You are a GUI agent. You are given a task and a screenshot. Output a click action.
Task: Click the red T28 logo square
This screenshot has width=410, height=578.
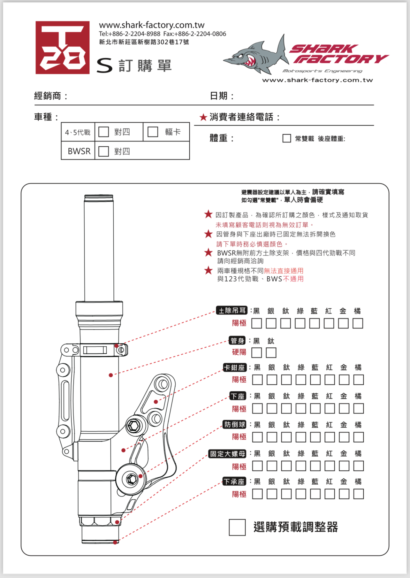click(x=62, y=47)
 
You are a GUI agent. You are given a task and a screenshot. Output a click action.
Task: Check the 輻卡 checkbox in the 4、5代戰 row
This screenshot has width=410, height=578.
click(x=153, y=132)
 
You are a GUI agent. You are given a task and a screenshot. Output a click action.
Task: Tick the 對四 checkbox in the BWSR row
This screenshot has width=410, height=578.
click(x=103, y=151)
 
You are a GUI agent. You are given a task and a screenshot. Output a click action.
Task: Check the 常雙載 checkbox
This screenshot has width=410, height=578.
click(x=286, y=138)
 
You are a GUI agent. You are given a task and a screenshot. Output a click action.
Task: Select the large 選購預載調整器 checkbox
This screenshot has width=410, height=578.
click(x=237, y=527)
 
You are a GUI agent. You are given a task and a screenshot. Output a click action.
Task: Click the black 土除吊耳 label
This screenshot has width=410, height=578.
click(x=232, y=310)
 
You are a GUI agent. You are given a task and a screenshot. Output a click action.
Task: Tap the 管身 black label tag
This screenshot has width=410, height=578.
click(x=237, y=341)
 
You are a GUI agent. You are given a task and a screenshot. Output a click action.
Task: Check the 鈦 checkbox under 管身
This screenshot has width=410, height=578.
click(x=271, y=353)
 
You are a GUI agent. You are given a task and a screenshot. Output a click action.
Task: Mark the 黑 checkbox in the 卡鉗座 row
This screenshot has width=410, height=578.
click(x=257, y=380)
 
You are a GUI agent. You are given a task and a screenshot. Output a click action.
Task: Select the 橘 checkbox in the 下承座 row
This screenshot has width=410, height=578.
click(x=358, y=494)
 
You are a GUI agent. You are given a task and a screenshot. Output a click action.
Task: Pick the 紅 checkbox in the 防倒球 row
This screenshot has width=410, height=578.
click(x=330, y=437)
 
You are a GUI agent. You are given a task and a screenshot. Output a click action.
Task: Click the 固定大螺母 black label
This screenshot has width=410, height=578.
click(x=227, y=454)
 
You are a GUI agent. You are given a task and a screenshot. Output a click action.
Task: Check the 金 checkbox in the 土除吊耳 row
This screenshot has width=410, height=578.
click(x=343, y=323)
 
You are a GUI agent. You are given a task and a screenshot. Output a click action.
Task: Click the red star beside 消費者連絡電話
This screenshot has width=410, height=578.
click(x=203, y=117)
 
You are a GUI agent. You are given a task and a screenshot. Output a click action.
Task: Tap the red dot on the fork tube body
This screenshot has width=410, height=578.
click(x=111, y=375)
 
